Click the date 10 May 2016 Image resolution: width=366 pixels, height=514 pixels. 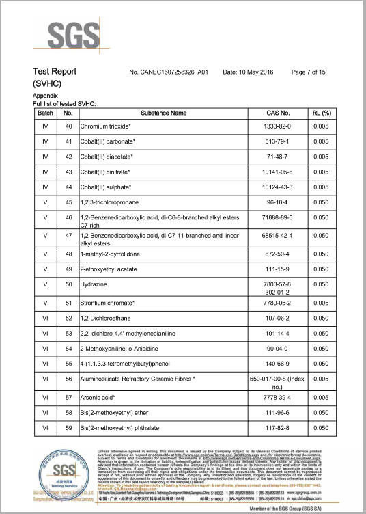[249, 72]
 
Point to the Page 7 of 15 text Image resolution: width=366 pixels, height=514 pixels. [308, 72]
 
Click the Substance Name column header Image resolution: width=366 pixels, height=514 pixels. [163, 112]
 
